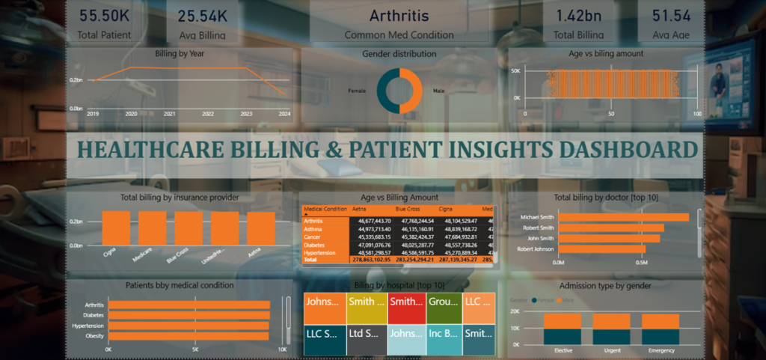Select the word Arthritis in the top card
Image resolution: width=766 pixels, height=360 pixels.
(x=399, y=15)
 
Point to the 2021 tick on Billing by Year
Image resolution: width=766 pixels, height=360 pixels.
(x=170, y=114)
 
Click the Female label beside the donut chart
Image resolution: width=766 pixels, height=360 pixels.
(x=357, y=91)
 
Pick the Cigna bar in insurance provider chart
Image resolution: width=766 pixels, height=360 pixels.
(x=116, y=228)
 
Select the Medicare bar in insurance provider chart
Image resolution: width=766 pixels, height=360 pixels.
(x=153, y=228)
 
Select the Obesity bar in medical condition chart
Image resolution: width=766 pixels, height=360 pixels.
(x=189, y=336)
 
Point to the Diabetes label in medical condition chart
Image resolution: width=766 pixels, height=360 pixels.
(x=93, y=315)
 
